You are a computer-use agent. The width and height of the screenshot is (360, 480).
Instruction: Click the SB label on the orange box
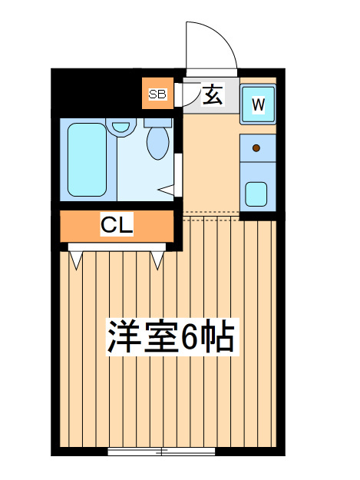click(x=157, y=94)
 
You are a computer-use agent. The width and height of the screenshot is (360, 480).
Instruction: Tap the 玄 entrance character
click(x=213, y=94)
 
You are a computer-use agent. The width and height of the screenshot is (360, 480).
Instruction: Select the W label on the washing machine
click(x=258, y=104)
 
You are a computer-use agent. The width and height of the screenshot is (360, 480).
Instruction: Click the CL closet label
click(x=117, y=225)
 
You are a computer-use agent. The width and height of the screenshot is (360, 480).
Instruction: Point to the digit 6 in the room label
click(x=190, y=336)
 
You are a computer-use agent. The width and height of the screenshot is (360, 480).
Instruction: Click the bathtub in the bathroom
click(x=88, y=160)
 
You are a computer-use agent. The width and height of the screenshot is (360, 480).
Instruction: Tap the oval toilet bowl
click(x=158, y=144)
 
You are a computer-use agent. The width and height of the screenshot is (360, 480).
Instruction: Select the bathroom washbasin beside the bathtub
click(x=121, y=127)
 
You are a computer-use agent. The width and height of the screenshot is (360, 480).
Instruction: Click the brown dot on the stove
click(x=256, y=148)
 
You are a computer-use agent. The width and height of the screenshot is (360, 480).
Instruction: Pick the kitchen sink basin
click(x=256, y=194)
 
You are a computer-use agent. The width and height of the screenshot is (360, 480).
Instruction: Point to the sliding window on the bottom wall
click(x=161, y=452)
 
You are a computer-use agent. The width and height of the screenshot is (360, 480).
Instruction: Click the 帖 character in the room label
click(x=219, y=336)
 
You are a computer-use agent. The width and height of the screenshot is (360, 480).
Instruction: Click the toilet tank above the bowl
click(x=158, y=123)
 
